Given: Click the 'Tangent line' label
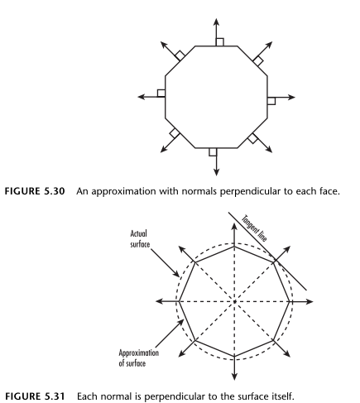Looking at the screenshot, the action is (x=254, y=228).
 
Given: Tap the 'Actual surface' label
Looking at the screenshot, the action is (x=140, y=239).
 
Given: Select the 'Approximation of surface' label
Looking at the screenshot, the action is (x=138, y=357).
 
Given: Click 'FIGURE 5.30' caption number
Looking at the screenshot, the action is (x=35, y=191).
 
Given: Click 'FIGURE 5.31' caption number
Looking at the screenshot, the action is (x=35, y=396).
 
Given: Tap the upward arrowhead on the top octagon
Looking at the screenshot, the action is (x=217, y=22).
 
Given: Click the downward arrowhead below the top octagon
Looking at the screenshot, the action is (x=217, y=172).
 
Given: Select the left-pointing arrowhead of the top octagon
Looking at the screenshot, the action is (x=142, y=97).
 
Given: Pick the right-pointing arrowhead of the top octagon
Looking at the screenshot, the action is (x=291, y=97).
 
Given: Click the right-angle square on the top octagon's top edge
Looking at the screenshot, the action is (x=220, y=42).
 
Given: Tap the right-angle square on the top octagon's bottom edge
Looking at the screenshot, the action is (x=213, y=152).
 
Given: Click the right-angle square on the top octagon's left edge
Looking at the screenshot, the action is (x=161, y=94).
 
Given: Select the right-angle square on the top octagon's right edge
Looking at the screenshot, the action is (x=271, y=101).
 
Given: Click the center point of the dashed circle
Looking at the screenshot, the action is (x=234, y=301).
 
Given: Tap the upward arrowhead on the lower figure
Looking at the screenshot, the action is (x=234, y=228).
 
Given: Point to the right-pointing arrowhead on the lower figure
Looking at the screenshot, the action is (x=310, y=301).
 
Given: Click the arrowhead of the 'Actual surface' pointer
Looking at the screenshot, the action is (x=176, y=274).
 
